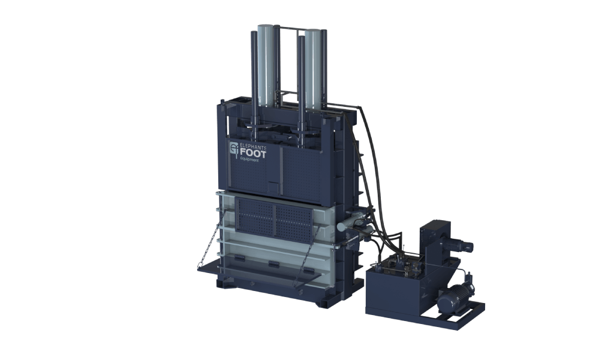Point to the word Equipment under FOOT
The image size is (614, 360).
click(249, 160)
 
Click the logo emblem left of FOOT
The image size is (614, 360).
click(234, 150)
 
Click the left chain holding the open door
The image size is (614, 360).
click(210, 238)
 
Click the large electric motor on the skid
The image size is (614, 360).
click(455, 298)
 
